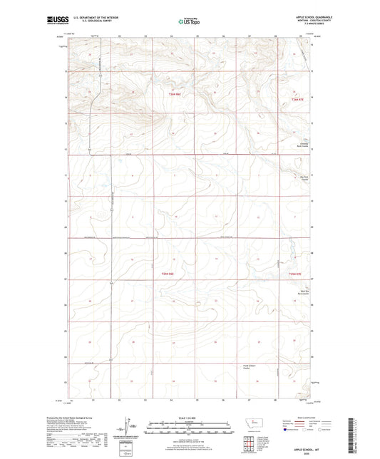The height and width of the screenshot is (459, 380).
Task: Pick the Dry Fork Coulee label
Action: click(304, 179)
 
